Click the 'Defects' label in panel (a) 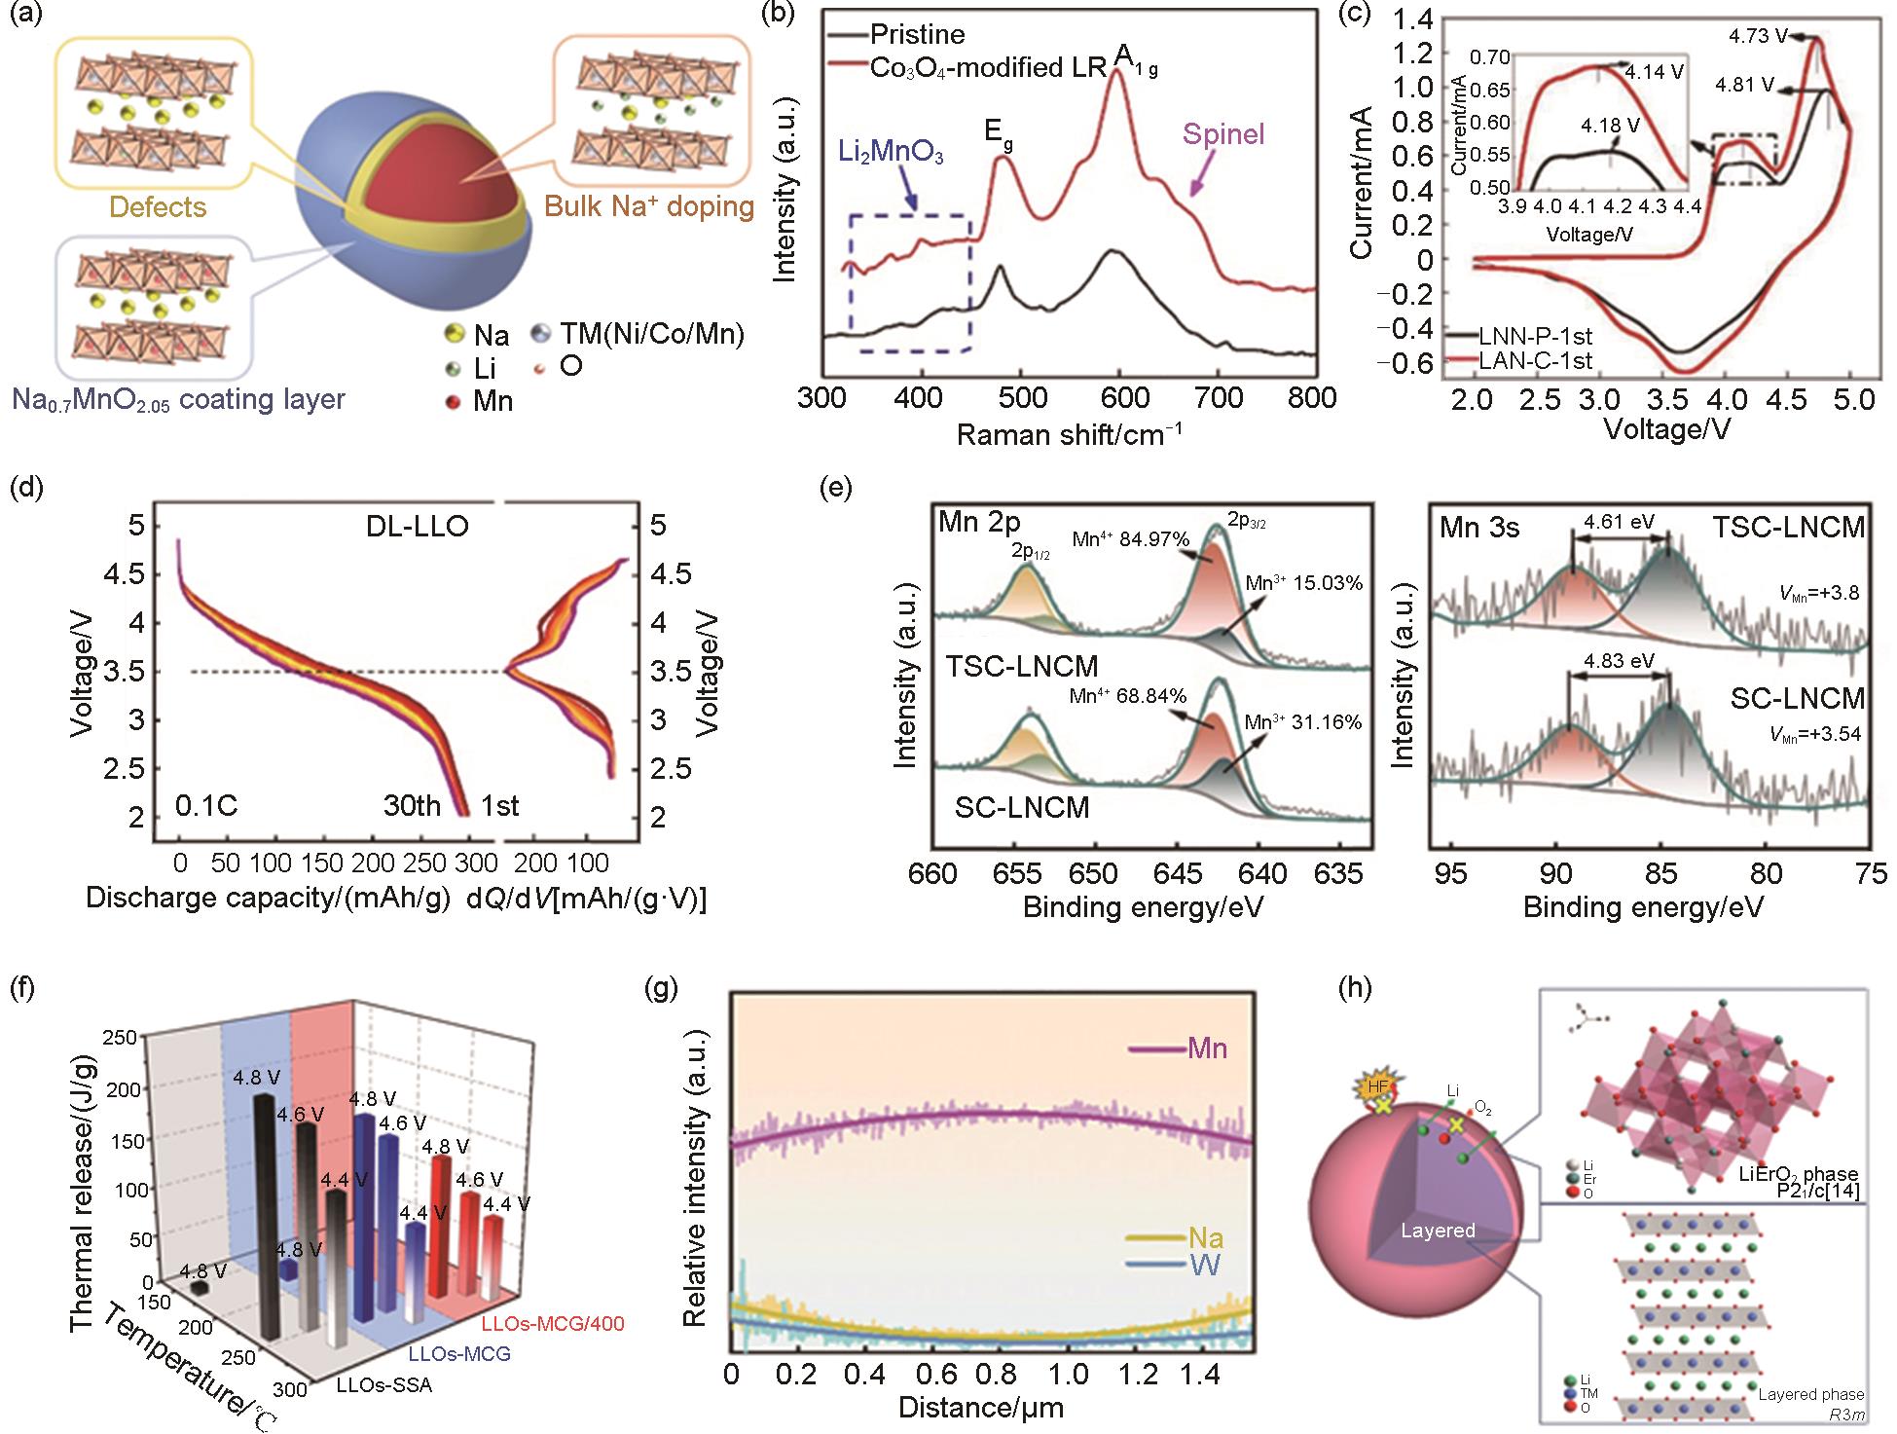(x=158, y=206)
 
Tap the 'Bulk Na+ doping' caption (x=649, y=206)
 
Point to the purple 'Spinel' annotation (x=1223, y=133)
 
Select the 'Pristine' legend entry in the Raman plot (x=918, y=35)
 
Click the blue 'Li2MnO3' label (x=891, y=154)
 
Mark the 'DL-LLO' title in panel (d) (x=411, y=527)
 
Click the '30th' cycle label (x=411, y=806)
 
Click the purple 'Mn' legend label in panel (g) (x=1207, y=1048)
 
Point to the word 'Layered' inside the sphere (x=1438, y=1231)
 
